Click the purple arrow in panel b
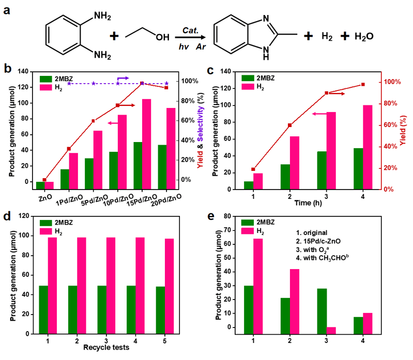[x=123, y=78]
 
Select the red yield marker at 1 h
[x=253, y=169]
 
